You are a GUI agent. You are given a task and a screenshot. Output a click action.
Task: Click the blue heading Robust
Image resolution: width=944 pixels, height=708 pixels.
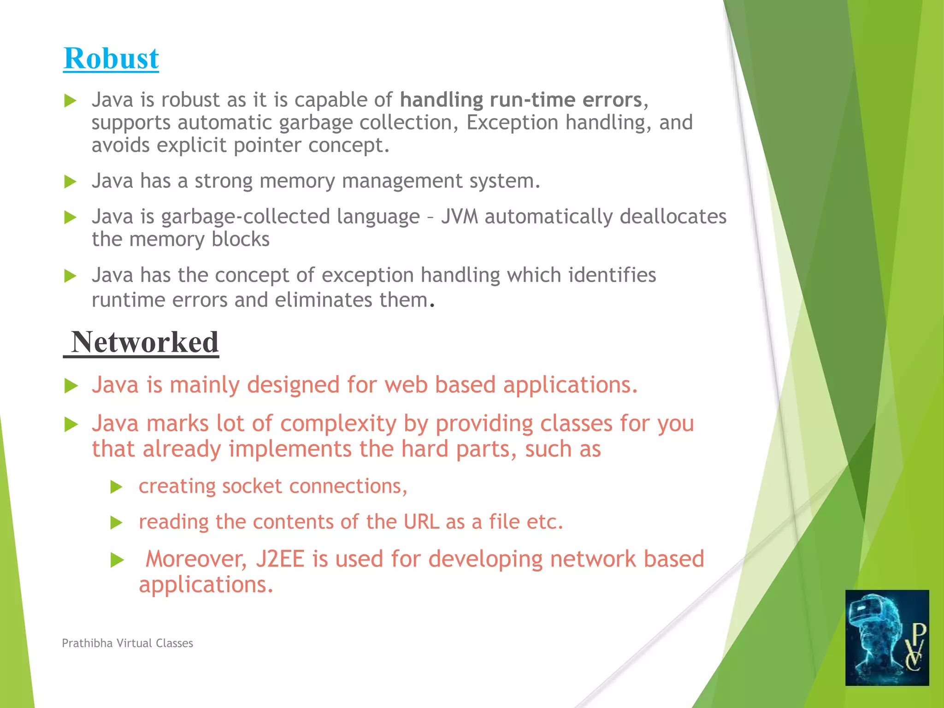[x=111, y=59]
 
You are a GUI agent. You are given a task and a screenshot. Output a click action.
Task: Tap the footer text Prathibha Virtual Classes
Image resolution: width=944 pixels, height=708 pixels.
[x=127, y=643]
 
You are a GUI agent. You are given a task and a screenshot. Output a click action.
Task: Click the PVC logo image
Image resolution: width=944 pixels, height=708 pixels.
[x=887, y=637]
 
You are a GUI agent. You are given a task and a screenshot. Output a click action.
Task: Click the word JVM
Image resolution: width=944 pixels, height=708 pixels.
[x=459, y=217]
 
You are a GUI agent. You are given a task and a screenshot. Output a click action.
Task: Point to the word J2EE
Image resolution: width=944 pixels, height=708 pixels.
[x=280, y=559]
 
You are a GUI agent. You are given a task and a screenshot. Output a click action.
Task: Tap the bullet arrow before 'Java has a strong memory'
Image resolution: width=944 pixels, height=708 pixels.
[x=70, y=182]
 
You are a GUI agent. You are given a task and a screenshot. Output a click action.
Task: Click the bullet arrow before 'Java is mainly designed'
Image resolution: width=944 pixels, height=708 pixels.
[x=71, y=386]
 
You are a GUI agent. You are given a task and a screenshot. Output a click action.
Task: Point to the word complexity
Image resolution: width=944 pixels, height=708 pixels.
[x=338, y=424]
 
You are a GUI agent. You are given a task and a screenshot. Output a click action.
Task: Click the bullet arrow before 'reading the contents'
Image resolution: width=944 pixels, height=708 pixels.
[x=117, y=523]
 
